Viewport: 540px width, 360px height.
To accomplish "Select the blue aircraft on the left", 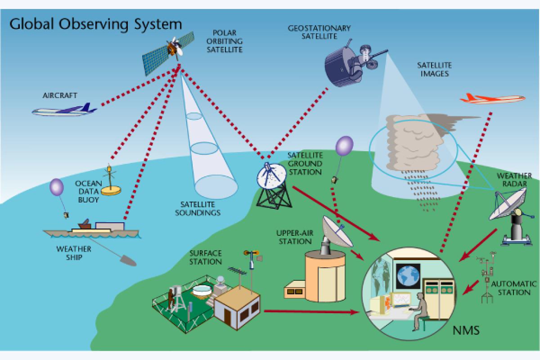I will (x=63, y=110).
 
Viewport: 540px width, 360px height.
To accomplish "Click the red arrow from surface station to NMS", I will (x=310, y=311).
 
